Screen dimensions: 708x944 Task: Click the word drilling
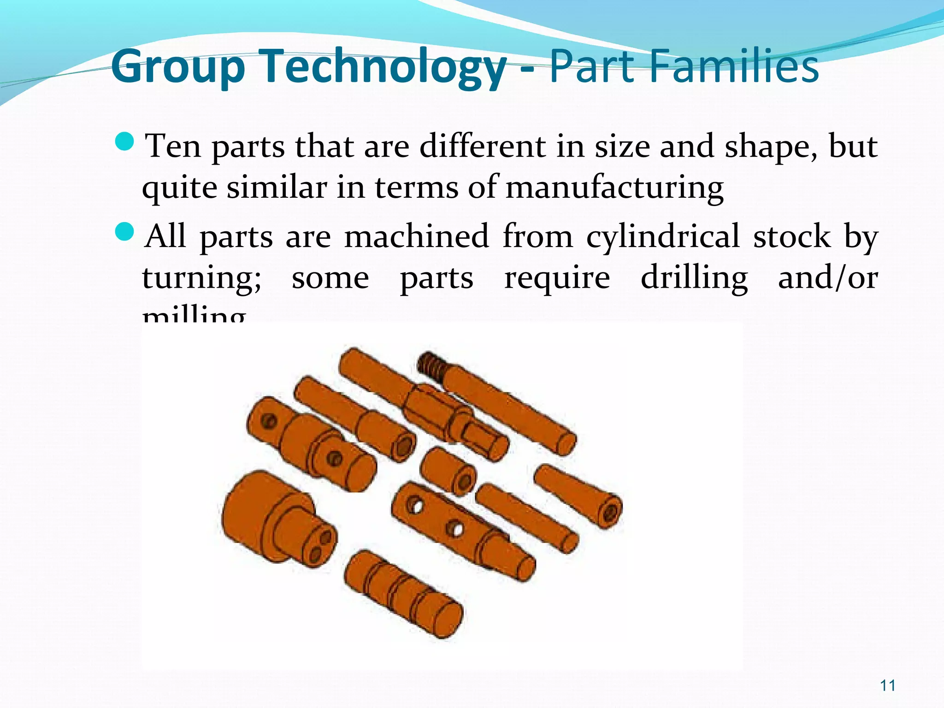694,278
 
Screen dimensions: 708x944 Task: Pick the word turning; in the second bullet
202,278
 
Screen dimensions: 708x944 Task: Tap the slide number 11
888,685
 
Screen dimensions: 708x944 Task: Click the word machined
417,236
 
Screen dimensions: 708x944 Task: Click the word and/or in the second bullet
828,278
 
